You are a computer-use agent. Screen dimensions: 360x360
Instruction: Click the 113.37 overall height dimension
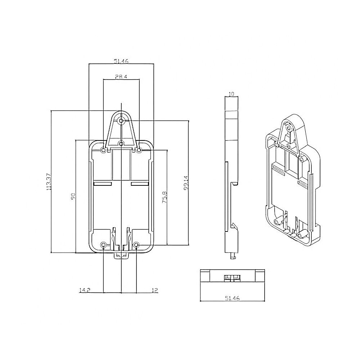pyautogui.click(x=49, y=181)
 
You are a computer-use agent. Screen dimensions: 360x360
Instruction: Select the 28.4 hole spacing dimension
pyautogui.click(x=121, y=76)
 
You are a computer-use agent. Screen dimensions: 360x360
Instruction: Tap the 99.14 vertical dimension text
pyautogui.click(x=185, y=183)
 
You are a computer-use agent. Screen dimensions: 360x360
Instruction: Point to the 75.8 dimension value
pyautogui.click(x=164, y=198)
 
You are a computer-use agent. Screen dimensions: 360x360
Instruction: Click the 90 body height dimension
pyautogui.click(x=73, y=196)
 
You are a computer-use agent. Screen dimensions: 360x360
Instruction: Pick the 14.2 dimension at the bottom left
pyautogui.click(x=84, y=290)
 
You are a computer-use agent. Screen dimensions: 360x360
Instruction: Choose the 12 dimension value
pyautogui.click(x=155, y=290)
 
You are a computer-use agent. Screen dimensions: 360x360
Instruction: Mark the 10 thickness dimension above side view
pyautogui.click(x=231, y=94)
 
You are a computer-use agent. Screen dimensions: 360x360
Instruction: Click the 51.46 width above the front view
pyautogui.click(x=121, y=62)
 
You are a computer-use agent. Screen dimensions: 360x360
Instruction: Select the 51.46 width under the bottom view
pyautogui.click(x=232, y=298)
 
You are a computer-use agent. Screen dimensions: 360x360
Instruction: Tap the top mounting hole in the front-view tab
pyautogui.click(x=121, y=120)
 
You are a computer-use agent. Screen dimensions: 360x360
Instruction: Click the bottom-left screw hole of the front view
pyautogui.click(x=104, y=245)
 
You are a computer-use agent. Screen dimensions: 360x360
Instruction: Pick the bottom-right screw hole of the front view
pyautogui.click(x=137, y=245)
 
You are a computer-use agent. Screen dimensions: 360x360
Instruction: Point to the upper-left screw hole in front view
pyautogui.click(x=104, y=150)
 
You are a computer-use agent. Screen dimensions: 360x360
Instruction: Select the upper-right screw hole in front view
pyautogui.click(x=139, y=150)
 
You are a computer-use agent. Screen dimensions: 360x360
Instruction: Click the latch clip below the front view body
pyautogui.click(x=121, y=255)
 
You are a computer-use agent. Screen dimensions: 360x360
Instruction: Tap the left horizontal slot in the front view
pyautogui.click(x=103, y=184)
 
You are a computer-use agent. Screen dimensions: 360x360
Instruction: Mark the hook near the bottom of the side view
pyautogui.click(x=234, y=226)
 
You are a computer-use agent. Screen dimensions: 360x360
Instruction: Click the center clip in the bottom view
pyautogui.click(x=232, y=278)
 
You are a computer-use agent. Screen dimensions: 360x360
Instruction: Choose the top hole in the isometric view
pyautogui.click(x=289, y=127)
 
